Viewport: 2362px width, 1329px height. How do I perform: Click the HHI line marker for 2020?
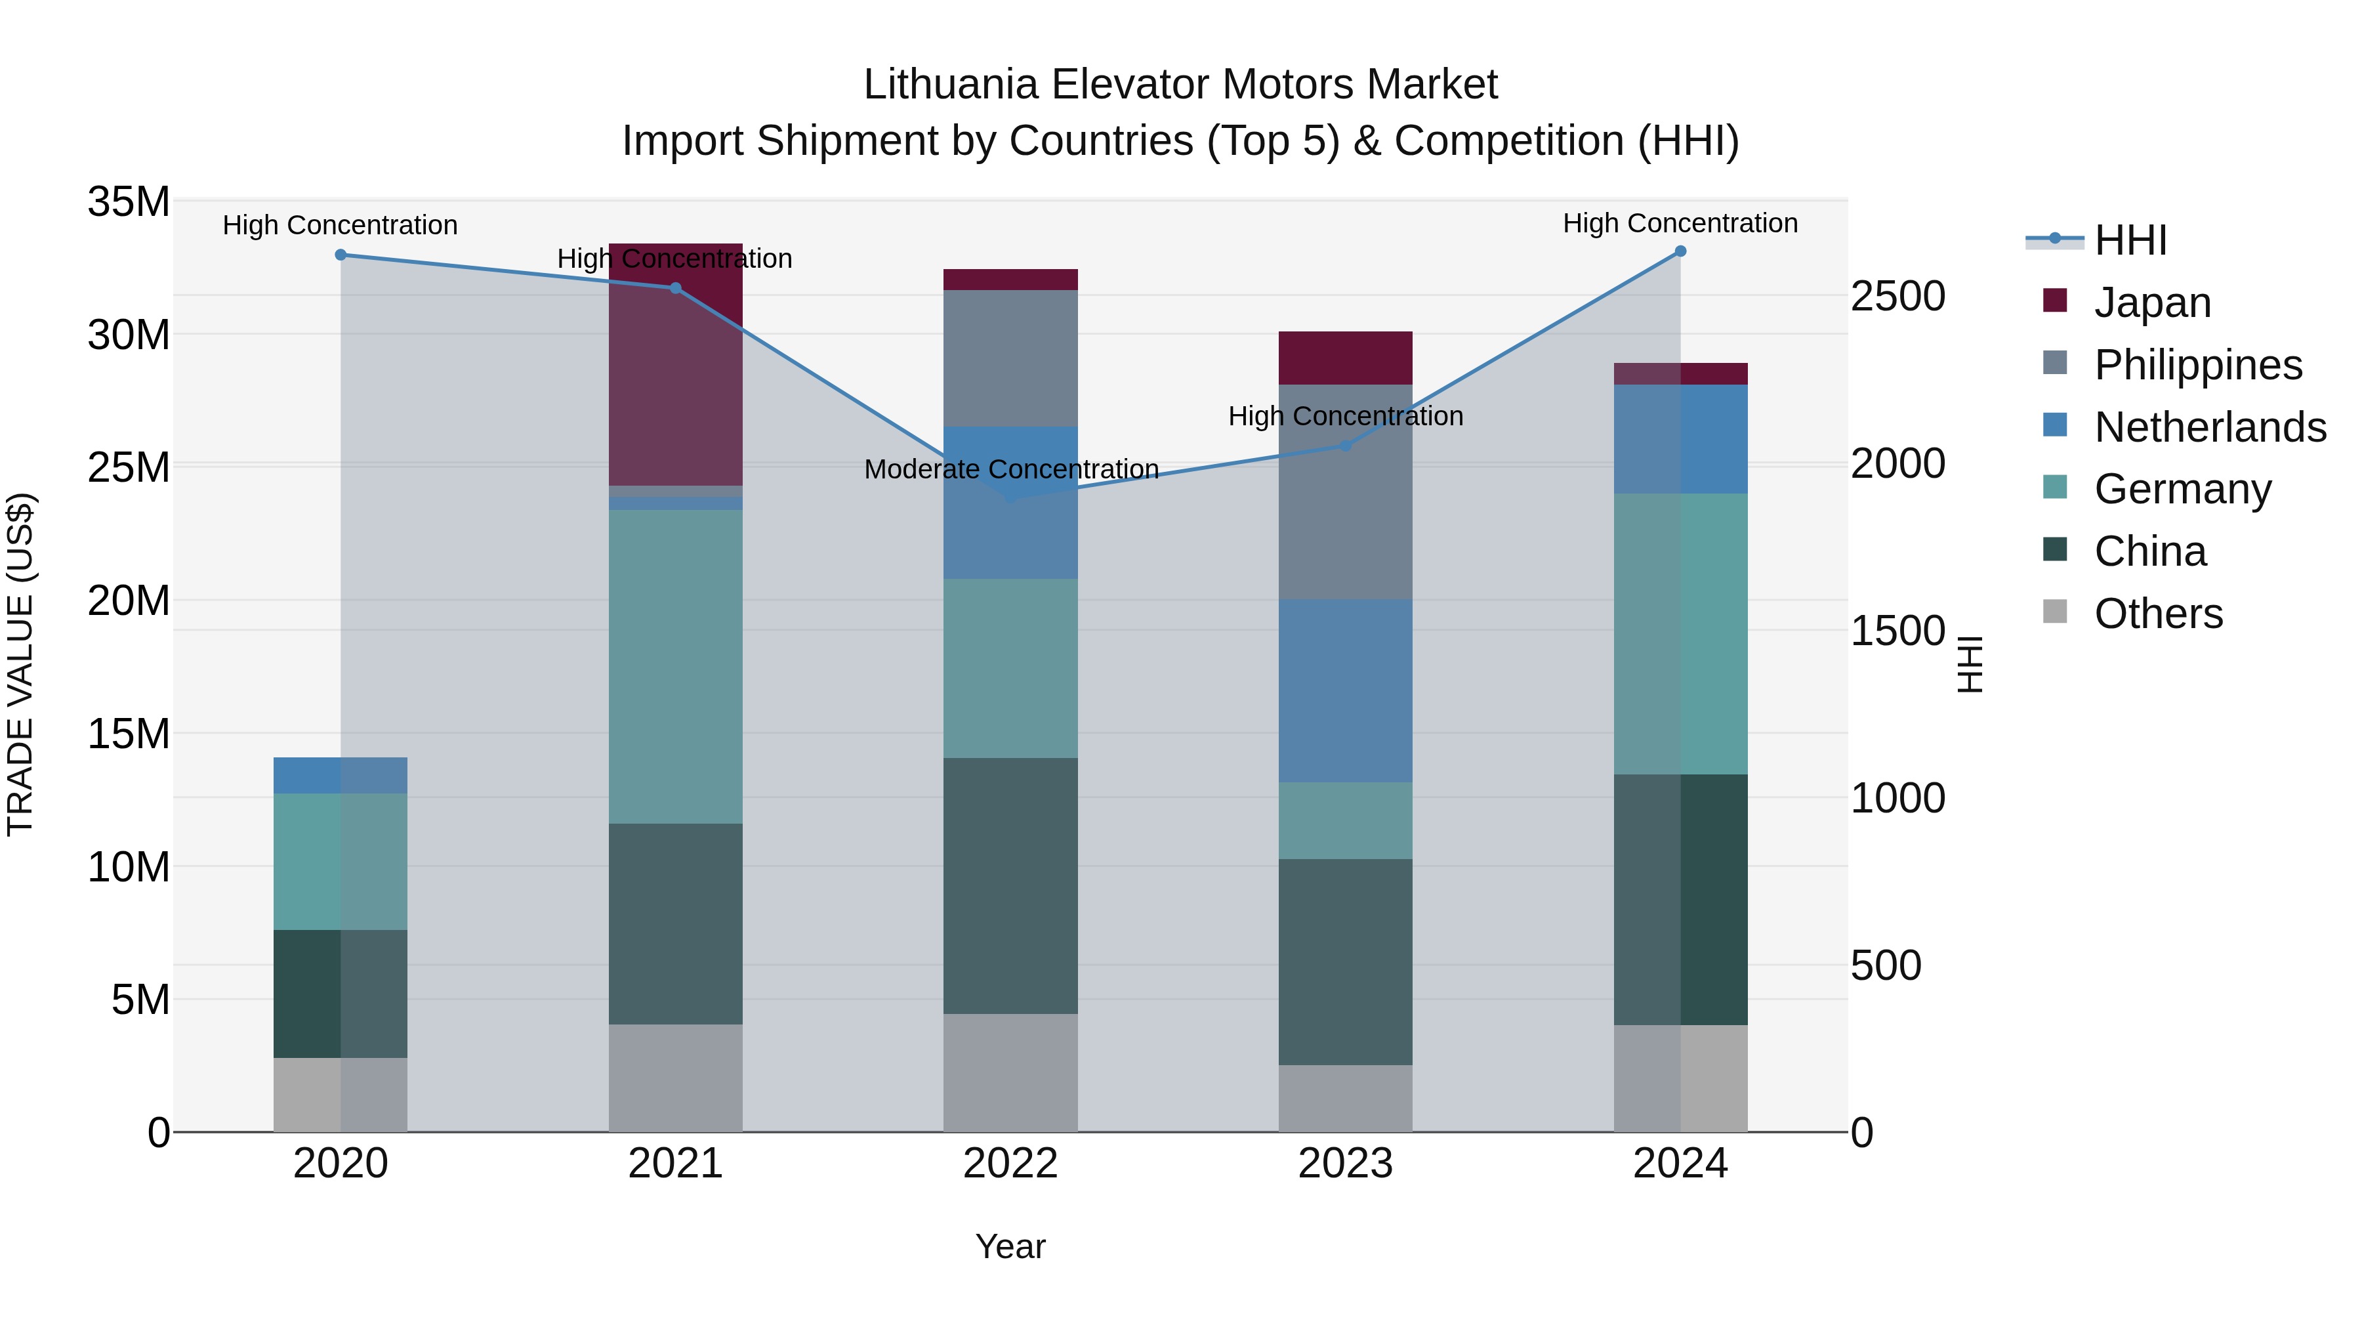click(340, 255)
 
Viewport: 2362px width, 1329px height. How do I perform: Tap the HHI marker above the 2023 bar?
click(1345, 446)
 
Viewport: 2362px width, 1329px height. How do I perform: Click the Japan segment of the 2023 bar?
click(1345, 358)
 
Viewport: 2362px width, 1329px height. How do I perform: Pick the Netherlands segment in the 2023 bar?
click(1345, 690)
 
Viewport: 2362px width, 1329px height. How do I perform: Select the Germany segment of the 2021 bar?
click(676, 666)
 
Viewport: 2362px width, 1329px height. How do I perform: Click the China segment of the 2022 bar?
click(1010, 885)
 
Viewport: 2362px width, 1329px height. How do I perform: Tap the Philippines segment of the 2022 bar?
click(1010, 358)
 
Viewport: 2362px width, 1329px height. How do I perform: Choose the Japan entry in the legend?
click(2152, 303)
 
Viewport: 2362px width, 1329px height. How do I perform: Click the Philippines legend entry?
click(2198, 365)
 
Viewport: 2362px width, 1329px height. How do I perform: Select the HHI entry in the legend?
click(2130, 240)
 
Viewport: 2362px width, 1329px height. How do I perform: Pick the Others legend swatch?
click(2055, 612)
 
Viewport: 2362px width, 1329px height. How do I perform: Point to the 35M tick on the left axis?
click(129, 201)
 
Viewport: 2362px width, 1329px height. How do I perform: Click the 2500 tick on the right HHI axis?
click(1897, 296)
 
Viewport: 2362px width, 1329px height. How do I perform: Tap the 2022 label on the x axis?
click(1010, 1164)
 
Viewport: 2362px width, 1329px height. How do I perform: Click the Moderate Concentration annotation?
click(1010, 470)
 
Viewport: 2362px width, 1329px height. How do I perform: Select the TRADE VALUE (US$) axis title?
click(20, 664)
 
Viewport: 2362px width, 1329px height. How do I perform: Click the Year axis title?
click(1010, 1246)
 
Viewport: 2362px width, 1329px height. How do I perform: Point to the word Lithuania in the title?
click(951, 85)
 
